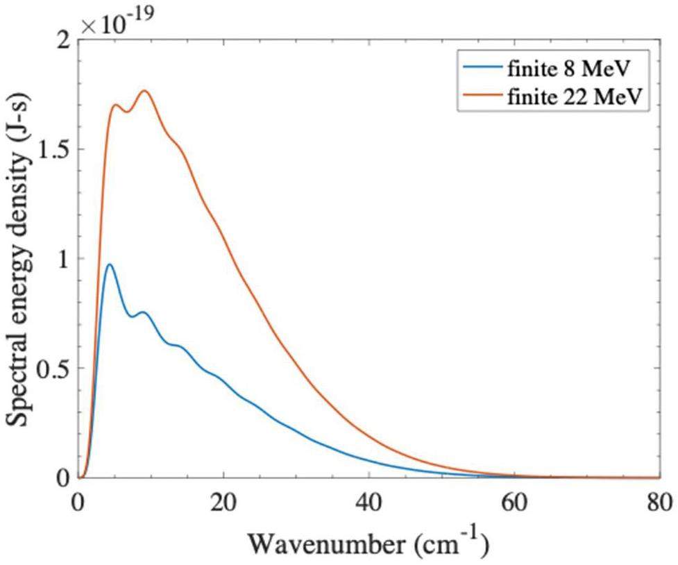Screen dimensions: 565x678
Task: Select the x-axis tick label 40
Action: (x=368, y=500)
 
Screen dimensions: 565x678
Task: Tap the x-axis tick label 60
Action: (x=514, y=500)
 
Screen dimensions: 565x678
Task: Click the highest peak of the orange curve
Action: (x=145, y=90)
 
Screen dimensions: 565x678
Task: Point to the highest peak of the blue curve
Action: (x=108, y=264)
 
